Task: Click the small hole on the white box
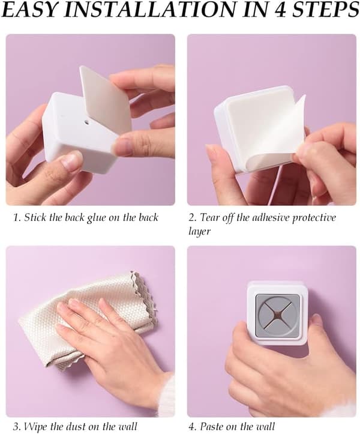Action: click(x=86, y=122)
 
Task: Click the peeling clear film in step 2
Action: click(x=274, y=133)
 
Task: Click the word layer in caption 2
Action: click(x=200, y=231)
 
